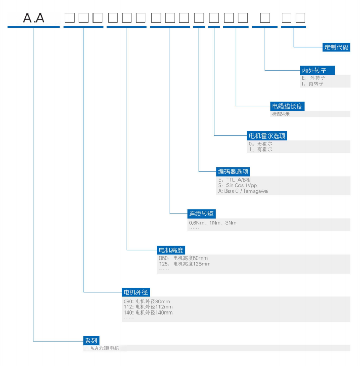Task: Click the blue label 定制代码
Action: click(336, 47)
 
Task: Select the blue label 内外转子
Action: click(317, 70)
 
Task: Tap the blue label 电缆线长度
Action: click(287, 106)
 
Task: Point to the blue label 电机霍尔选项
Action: click(267, 136)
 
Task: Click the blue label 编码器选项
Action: click(233, 172)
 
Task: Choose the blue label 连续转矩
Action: click(201, 213)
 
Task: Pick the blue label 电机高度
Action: click(171, 250)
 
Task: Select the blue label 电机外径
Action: click(136, 292)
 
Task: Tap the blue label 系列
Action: click(91, 341)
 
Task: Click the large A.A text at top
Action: click(34, 18)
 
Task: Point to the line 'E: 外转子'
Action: click(313, 78)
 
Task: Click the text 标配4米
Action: click(281, 114)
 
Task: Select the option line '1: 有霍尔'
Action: click(260, 150)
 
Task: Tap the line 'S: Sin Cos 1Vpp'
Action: click(237, 185)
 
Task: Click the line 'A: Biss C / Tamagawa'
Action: click(243, 191)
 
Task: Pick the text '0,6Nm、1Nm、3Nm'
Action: click(212, 223)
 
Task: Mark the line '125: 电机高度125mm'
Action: click(185, 264)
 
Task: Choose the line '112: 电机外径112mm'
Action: click(148, 307)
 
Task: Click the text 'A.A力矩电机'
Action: click(105, 348)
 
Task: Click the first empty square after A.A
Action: click(70, 18)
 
